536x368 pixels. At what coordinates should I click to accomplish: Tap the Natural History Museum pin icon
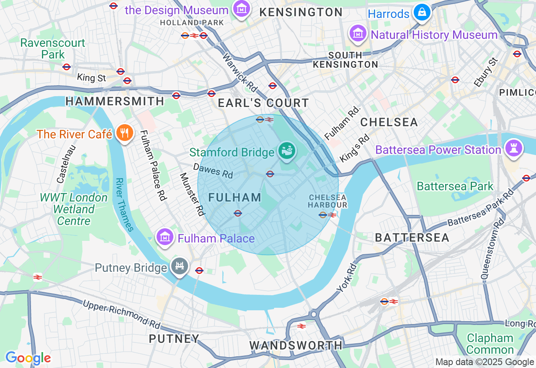(x=358, y=34)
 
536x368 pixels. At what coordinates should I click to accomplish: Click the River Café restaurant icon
(x=124, y=133)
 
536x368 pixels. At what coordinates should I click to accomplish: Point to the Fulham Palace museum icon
(x=165, y=237)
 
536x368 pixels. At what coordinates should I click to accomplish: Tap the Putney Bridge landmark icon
(x=180, y=266)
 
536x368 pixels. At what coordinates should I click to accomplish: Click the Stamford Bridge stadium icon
(x=288, y=151)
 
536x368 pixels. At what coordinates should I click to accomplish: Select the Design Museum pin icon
(x=241, y=9)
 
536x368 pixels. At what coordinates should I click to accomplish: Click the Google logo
(x=28, y=358)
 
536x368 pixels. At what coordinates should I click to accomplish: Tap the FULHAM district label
(x=235, y=197)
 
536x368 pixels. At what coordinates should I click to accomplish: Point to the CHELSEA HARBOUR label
(x=328, y=201)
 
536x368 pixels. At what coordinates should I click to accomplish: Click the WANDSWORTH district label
(x=296, y=345)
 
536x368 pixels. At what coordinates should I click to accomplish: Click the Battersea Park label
(x=455, y=186)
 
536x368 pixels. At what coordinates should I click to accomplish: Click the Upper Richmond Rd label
(x=122, y=314)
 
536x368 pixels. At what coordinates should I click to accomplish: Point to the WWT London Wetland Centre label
(x=74, y=209)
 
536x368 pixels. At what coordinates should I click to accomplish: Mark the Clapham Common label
(x=490, y=344)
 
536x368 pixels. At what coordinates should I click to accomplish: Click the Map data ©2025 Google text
(x=484, y=362)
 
